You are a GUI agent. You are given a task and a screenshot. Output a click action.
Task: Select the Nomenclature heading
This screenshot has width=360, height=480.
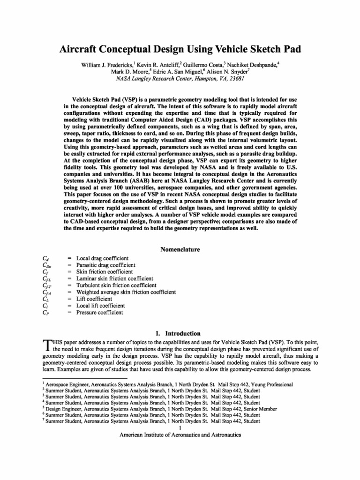pyautogui.click(x=180, y=249)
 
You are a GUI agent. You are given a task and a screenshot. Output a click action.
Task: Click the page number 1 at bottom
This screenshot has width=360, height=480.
pyautogui.click(x=180, y=427)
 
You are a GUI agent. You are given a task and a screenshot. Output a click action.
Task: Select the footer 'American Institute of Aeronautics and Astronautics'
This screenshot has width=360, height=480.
pyautogui.click(x=180, y=435)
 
